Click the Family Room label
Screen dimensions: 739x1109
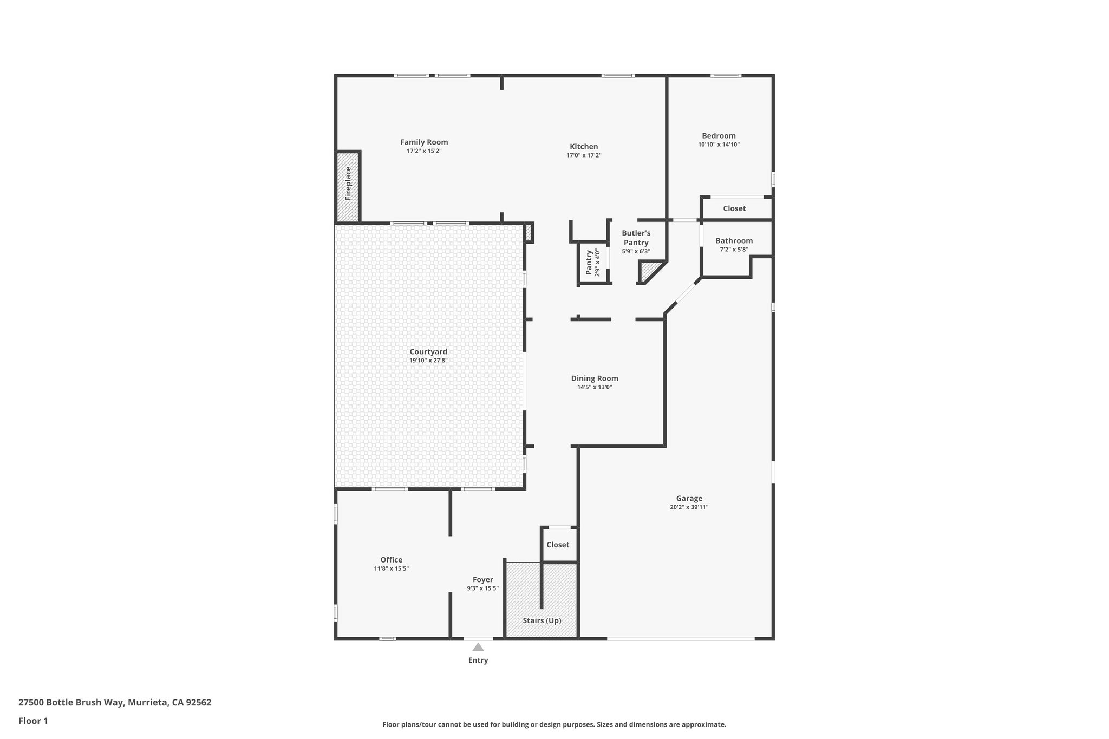[424, 142]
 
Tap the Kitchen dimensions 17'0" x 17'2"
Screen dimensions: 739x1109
[584, 155]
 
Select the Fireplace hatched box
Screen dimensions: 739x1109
[348, 187]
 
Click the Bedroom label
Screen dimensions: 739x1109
[719, 136]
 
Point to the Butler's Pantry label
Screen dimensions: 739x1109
[636, 238]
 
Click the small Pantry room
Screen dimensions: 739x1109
[592, 263]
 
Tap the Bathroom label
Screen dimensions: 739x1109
[734, 241]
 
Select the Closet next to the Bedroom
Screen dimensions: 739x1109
[734, 208]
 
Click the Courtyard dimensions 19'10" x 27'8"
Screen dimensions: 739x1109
[428, 361]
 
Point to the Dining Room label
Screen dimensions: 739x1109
[595, 378]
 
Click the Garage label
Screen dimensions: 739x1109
[689, 499]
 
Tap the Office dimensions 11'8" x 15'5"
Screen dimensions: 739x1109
[391, 568]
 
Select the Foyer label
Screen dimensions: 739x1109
[482, 580]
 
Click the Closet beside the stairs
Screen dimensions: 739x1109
[558, 545]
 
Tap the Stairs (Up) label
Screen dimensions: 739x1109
[542, 620]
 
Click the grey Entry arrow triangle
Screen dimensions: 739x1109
[478, 647]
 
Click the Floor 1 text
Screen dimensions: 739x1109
[33, 721]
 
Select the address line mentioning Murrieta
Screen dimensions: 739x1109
[115, 703]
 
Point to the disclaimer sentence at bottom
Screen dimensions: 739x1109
[554, 724]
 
